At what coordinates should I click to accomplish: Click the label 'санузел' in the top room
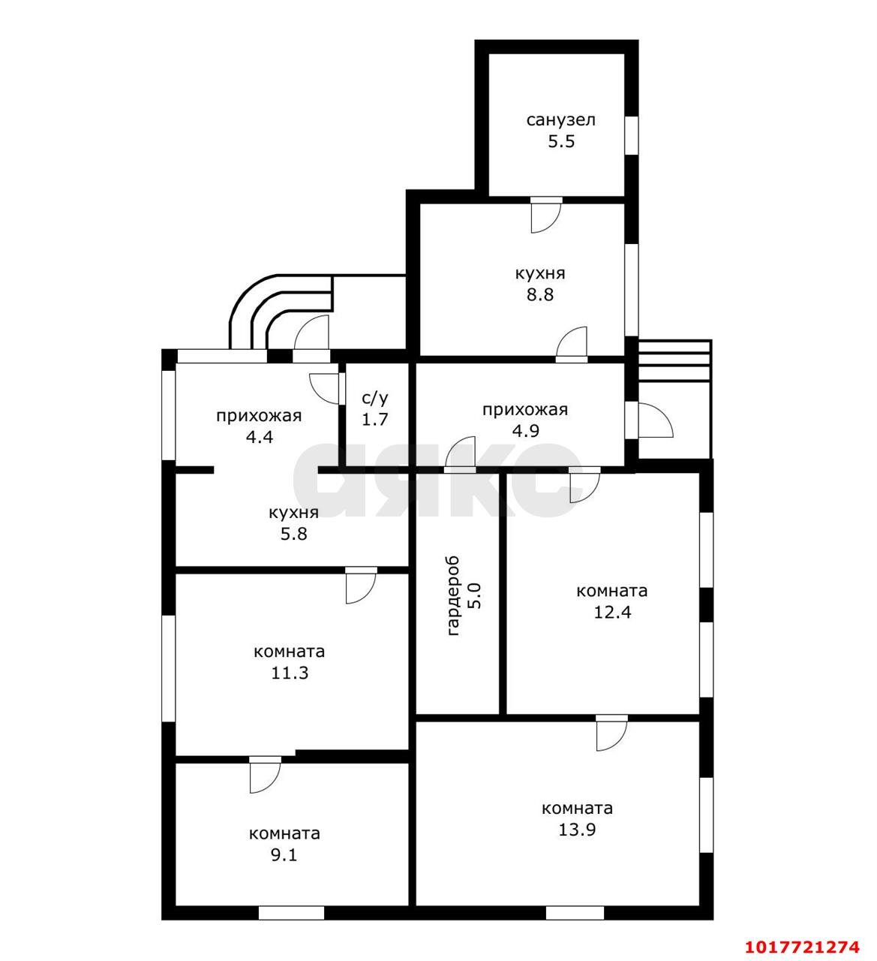(560, 120)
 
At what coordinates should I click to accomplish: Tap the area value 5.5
(561, 141)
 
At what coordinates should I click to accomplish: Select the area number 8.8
(540, 294)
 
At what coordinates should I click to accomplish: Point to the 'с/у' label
(375, 398)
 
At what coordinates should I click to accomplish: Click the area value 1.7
(375, 420)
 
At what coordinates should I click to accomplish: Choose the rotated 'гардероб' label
(453, 596)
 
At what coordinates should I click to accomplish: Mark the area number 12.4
(612, 612)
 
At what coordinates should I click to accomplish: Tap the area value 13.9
(577, 830)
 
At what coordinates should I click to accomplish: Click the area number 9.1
(284, 854)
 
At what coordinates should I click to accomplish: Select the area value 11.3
(290, 673)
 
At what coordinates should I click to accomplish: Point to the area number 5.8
(293, 534)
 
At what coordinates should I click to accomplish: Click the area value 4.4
(259, 437)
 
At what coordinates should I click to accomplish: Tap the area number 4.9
(525, 431)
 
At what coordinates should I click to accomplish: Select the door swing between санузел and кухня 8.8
(546, 215)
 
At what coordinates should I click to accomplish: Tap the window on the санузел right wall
(632, 134)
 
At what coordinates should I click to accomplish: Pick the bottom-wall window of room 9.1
(292, 913)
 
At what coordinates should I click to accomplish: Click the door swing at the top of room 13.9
(611, 733)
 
